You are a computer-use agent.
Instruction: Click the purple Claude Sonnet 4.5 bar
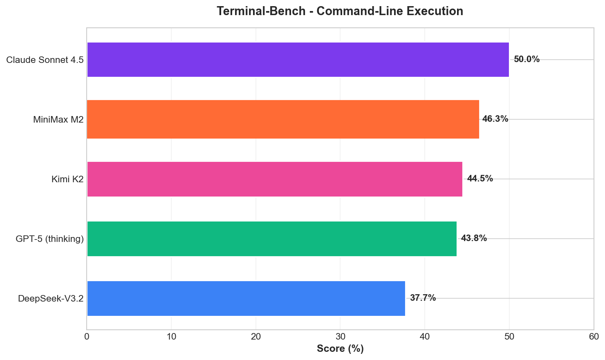pos(298,60)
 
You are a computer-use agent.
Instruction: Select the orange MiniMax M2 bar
pos(283,119)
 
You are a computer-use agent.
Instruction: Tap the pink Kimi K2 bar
pos(274,179)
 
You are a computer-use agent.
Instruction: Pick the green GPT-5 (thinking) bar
pos(271,239)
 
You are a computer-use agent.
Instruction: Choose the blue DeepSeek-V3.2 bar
pos(246,298)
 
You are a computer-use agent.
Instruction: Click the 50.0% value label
pos(527,59)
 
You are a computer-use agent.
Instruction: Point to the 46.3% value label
pos(495,119)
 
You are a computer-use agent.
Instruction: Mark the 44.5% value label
pos(480,179)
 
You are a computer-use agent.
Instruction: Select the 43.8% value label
pos(474,238)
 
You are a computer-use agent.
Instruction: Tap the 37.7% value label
pos(423,298)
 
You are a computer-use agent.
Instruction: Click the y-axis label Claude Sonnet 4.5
pos(45,60)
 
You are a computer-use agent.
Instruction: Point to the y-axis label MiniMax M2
pos(58,120)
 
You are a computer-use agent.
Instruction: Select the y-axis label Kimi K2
pos(67,179)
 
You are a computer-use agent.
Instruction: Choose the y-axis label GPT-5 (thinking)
pos(49,239)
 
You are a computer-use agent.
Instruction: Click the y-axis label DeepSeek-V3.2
pos(51,299)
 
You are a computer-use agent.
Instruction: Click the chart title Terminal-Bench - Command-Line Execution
pos(340,11)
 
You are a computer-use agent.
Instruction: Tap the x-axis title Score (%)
pos(340,349)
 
